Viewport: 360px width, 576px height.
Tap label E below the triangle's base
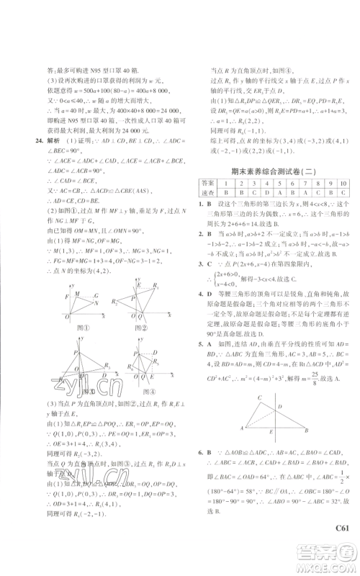click(271, 432)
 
